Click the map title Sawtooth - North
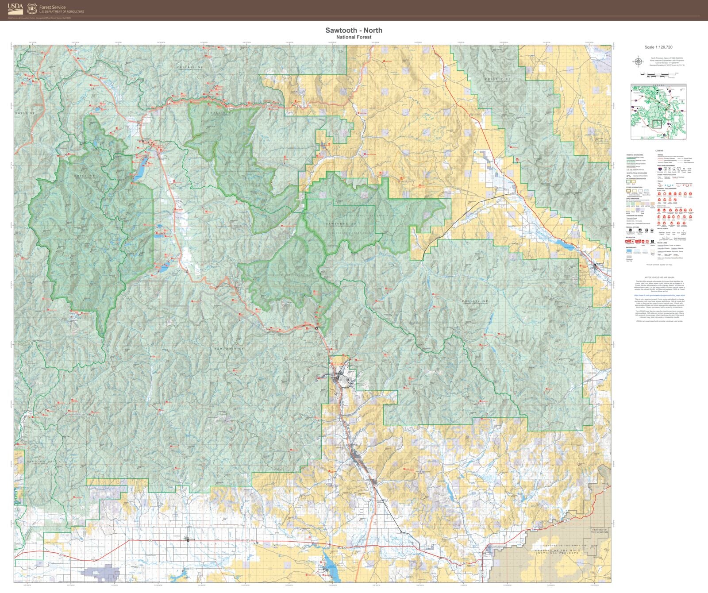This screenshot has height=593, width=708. tap(354, 30)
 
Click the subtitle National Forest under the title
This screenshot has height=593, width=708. tap(354, 37)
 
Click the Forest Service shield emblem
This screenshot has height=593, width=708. tap(31, 8)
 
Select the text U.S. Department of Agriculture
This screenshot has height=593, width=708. tap(62, 12)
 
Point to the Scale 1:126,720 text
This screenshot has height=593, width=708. tap(658, 47)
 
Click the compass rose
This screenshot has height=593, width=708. tap(639, 62)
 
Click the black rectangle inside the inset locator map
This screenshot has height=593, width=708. tap(657, 124)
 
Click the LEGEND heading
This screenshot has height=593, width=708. tap(659, 150)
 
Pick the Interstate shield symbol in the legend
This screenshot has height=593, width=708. tap(660, 169)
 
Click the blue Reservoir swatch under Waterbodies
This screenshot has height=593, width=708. tap(629, 250)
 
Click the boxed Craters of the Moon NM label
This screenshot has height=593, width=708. tap(600, 531)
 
